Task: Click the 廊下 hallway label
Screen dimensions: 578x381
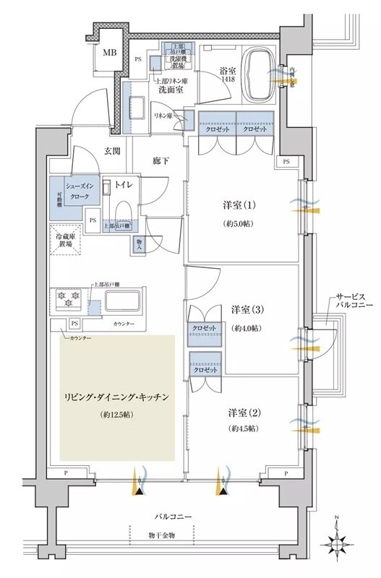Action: coord(160,160)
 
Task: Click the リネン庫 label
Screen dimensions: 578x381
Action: coord(163,116)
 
